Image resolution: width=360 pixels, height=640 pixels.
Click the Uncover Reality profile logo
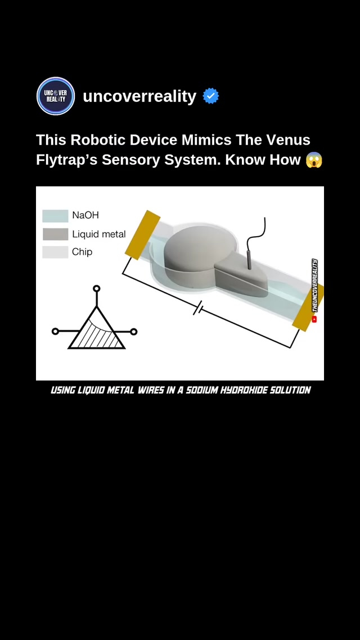tap(56, 96)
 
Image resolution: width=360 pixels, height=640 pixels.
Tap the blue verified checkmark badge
tap(210, 96)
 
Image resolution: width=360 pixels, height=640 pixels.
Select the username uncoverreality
tap(139, 96)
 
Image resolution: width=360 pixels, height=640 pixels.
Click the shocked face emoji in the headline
tap(314, 160)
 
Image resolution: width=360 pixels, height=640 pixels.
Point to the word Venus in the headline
tap(288, 140)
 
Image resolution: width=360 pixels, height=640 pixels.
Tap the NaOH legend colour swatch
tap(55, 215)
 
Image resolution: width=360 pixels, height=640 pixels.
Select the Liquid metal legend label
tap(99, 235)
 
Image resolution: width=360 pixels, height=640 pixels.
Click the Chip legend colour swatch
tap(55, 252)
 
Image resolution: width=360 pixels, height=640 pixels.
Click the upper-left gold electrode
tap(142, 235)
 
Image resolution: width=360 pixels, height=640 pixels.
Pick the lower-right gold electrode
tap(309, 309)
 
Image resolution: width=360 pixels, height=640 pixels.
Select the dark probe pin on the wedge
tap(249, 260)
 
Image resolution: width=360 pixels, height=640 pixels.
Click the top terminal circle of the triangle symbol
tap(96, 289)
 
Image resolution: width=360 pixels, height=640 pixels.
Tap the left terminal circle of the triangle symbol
tap(55, 331)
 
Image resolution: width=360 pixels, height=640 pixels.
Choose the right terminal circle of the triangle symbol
tap(133, 332)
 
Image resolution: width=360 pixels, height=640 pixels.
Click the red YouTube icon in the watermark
tap(314, 319)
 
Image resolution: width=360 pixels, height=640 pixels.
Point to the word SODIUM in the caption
tap(202, 390)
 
